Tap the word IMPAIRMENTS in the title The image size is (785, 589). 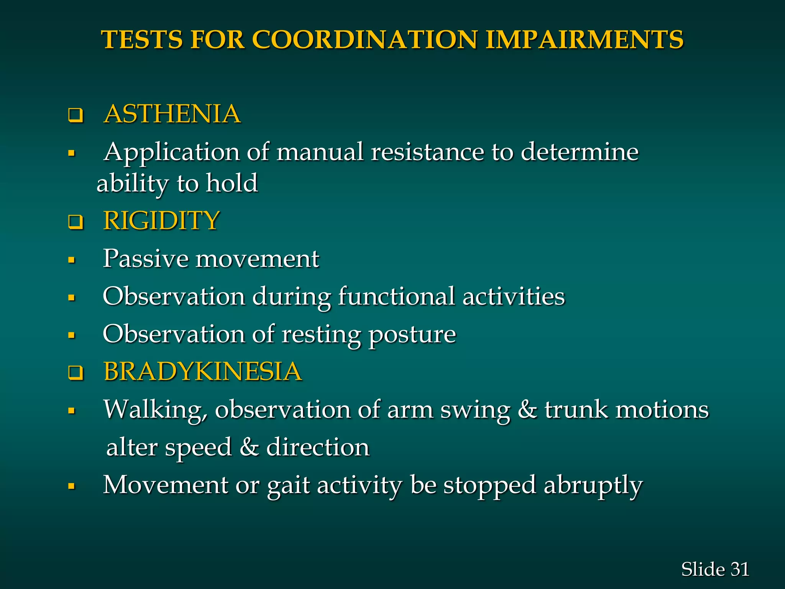pos(585,39)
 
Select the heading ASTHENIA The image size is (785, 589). pos(172,114)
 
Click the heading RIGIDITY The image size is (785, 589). pos(161,221)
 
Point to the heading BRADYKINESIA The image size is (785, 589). pos(203,372)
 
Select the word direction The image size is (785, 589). pos(318,447)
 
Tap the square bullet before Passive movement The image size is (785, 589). pos(71,260)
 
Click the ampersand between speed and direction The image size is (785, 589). pos(249,447)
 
